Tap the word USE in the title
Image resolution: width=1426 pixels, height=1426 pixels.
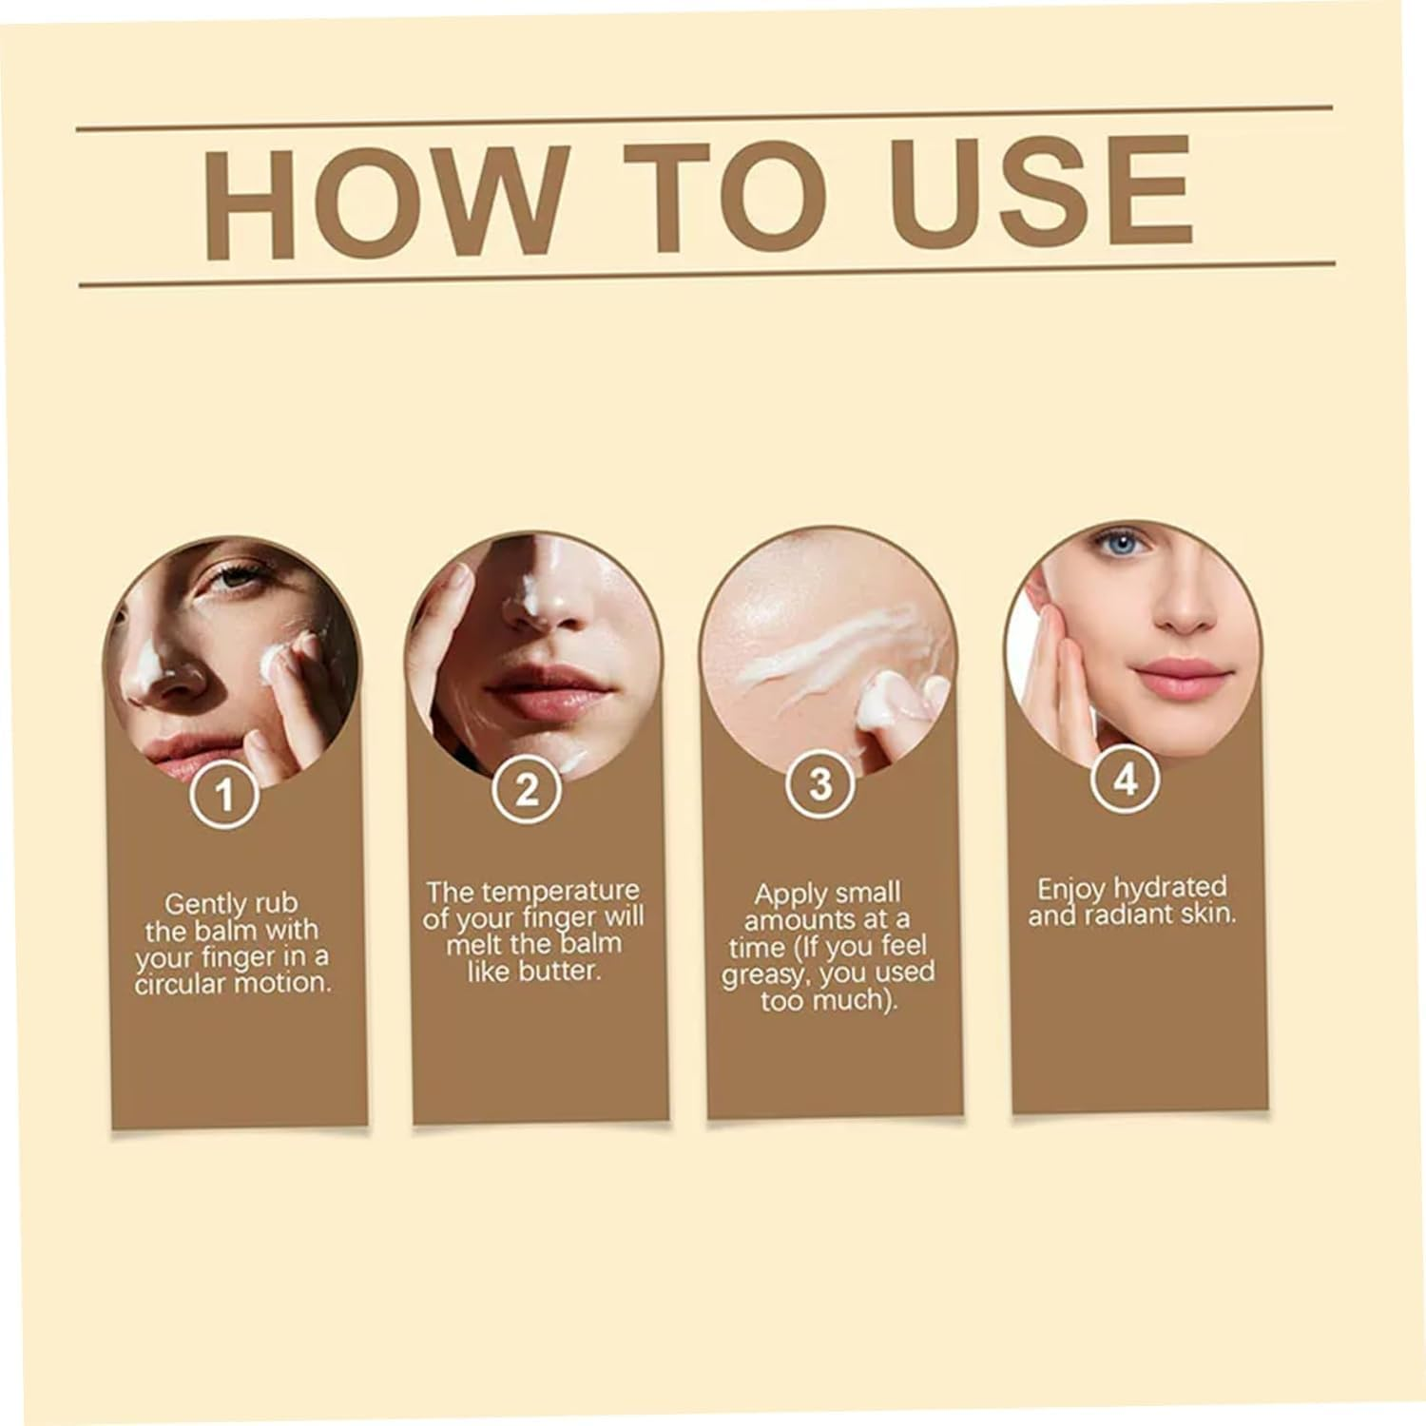pos(1040,191)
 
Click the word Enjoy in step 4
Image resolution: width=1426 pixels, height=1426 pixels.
pos(1071,890)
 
